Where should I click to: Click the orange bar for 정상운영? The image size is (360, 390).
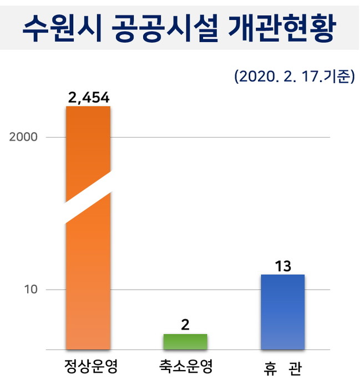point(88,277)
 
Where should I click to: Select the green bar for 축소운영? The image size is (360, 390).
point(185,342)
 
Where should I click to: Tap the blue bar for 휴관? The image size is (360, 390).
point(282,312)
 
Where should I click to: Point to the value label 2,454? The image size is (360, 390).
point(88,98)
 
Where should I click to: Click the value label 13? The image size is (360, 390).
point(282,266)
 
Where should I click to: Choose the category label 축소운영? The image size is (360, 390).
point(185,368)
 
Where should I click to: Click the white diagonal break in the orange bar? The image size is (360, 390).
point(88,197)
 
